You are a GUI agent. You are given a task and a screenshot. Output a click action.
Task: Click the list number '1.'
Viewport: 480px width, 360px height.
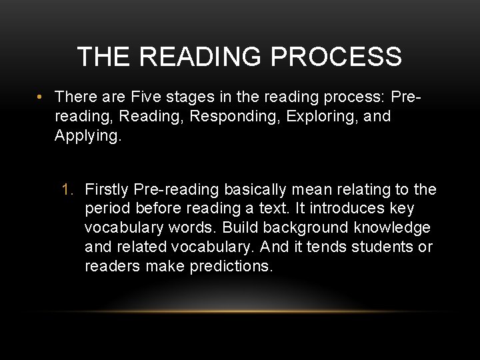[x=69, y=190]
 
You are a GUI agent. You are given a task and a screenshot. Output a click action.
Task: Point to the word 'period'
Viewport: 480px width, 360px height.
[x=105, y=209]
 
